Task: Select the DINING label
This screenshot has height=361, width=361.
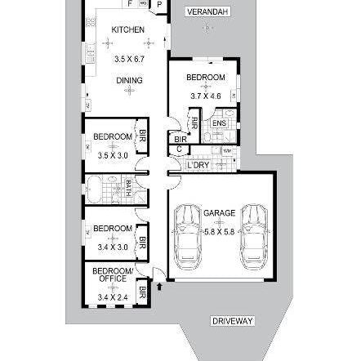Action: pos(129,80)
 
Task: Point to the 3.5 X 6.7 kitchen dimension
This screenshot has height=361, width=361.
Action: pos(129,60)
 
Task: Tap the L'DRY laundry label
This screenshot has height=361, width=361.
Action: pos(198,165)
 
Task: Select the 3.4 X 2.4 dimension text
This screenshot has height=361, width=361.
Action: pos(108,298)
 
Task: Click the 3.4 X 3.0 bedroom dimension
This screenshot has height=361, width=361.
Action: pos(108,246)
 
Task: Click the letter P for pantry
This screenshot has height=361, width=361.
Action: pos(159,3)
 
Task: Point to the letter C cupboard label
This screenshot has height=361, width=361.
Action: pos(179,149)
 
